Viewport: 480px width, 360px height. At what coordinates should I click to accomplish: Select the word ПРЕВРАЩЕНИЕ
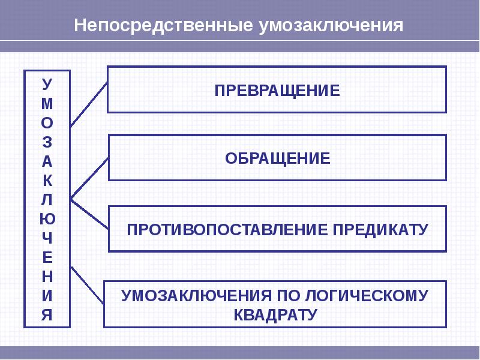[x=277, y=91]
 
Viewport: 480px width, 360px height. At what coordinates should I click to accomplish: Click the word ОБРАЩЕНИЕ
[x=277, y=158]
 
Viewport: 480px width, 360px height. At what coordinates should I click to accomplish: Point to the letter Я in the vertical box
[x=47, y=314]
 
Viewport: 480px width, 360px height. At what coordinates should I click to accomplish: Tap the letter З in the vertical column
[x=47, y=142]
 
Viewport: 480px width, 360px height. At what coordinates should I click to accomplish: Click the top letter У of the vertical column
[x=47, y=84]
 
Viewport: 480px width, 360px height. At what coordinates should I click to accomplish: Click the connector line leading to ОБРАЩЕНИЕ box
[x=89, y=178]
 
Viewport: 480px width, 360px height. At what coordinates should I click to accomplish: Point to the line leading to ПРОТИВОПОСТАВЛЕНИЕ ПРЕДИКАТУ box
[x=89, y=214]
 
